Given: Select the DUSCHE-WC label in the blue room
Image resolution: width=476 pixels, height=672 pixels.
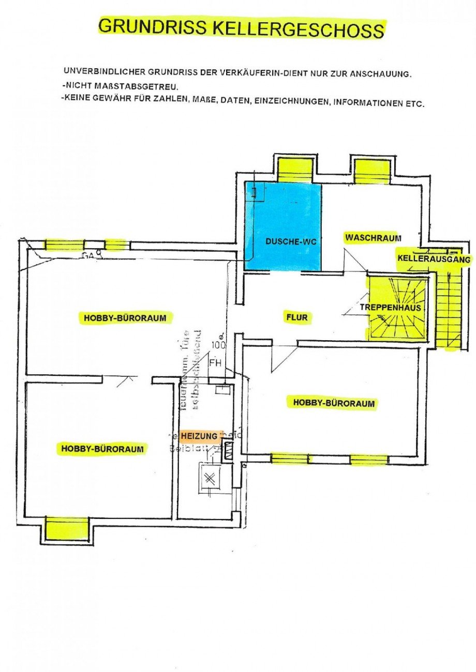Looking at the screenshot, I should point(283,241).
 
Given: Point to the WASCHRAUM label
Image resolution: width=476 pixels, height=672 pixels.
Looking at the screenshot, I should point(373,237).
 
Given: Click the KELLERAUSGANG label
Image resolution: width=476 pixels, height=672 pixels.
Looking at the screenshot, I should point(434,259).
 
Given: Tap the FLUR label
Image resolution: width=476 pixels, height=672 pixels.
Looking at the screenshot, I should point(296,317).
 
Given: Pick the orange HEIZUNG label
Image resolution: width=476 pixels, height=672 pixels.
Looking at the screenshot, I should point(199,436).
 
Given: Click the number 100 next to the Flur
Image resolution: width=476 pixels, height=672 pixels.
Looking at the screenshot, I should point(218,345).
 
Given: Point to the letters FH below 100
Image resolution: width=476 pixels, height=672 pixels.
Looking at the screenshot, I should point(215,363).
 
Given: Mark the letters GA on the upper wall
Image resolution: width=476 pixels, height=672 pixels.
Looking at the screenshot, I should point(88,255).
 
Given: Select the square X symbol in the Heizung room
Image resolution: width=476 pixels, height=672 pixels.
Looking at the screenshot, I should point(210,479).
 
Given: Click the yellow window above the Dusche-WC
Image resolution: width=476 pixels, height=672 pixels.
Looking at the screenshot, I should point(295,170).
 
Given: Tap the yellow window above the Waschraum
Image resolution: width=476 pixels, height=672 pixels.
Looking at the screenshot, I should point(371,171).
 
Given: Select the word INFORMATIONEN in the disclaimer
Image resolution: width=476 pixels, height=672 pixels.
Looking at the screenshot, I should point(367,102).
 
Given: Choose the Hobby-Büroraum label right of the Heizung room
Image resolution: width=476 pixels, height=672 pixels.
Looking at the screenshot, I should point(333,403).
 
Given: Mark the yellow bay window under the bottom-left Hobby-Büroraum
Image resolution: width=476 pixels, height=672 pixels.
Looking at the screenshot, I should point(66,529).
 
